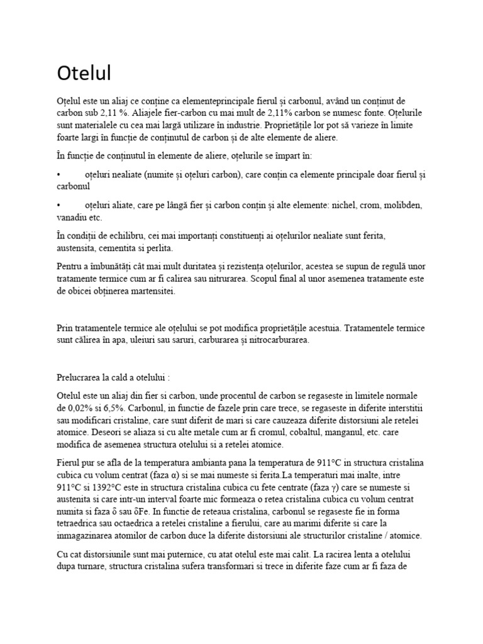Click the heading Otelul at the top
(x=84, y=73)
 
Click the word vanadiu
(x=72, y=218)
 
